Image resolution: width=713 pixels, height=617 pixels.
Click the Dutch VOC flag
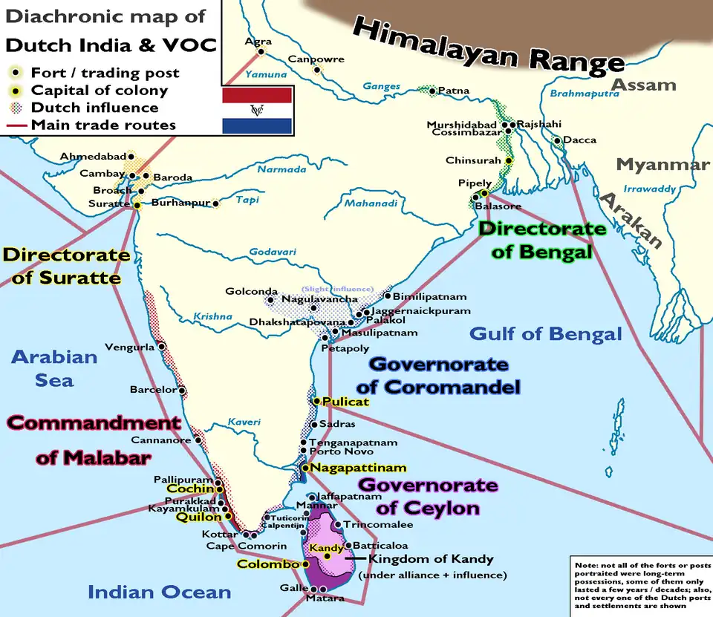click(257, 110)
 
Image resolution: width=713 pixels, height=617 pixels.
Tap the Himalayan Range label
click(489, 45)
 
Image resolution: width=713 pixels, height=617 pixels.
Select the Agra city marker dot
click(261, 51)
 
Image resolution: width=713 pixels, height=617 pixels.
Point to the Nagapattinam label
click(358, 468)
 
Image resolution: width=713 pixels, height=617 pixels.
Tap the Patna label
click(454, 91)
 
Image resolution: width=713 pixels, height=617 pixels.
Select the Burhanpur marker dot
click(216, 203)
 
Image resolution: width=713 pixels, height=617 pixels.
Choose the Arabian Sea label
click(54, 368)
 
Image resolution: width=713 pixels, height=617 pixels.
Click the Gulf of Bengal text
click(546, 334)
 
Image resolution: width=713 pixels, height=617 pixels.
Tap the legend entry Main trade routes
click(103, 125)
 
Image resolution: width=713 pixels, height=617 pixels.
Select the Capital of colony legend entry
click(99, 91)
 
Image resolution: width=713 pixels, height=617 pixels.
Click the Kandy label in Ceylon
click(326, 549)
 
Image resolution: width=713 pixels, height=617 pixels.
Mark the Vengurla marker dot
click(161, 347)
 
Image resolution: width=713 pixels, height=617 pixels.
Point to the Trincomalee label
click(377, 525)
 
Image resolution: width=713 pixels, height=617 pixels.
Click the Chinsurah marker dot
click(509, 160)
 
